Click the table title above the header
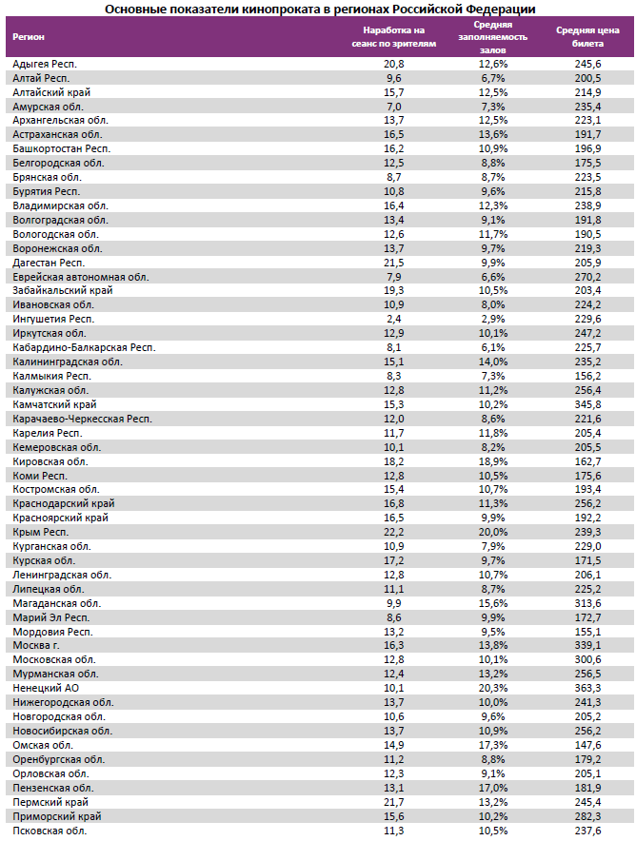tap(319, 9)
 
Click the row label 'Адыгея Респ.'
tap(45, 63)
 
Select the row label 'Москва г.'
tap(37, 645)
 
